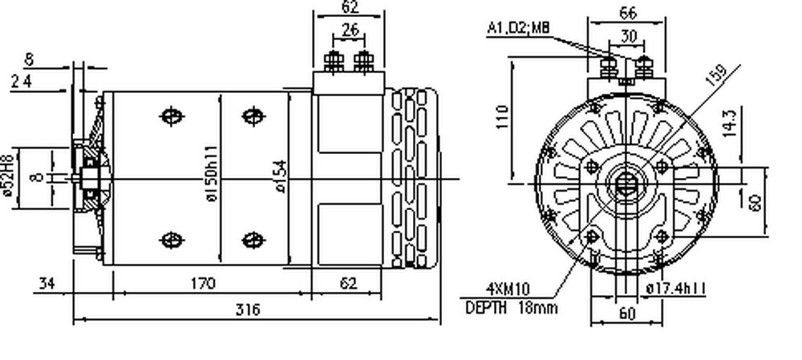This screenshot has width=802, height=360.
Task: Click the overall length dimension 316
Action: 249,309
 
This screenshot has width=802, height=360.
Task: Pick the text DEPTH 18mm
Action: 511,308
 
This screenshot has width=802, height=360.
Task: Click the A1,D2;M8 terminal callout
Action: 518,28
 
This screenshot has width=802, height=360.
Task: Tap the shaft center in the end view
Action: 626,184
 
